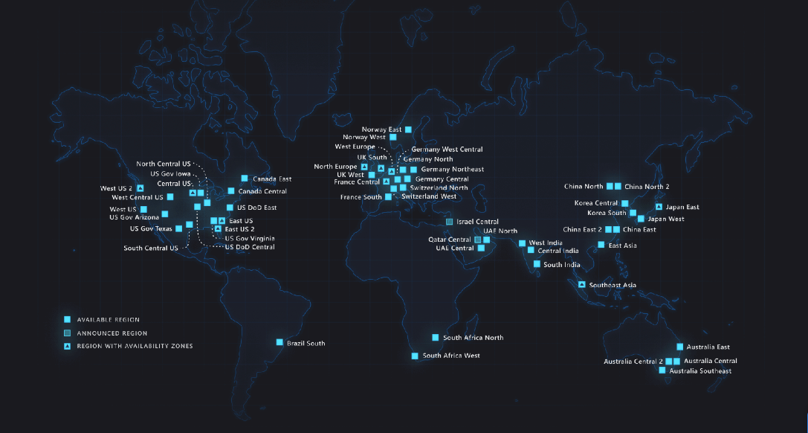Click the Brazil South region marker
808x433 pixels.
tap(279, 342)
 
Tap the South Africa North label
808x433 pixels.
tap(473, 338)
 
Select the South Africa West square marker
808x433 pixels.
tap(415, 356)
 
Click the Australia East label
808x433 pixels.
tap(708, 347)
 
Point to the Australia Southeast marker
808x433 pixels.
tap(662, 370)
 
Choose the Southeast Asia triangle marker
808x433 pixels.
tap(581, 284)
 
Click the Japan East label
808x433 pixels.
tap(682, 208)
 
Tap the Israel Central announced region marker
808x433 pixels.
tap(449, 222)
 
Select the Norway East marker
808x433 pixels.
tap(408, 129)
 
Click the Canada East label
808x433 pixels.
tap(271, 179)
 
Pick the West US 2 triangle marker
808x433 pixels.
tap(140, 188)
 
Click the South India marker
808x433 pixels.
tap(537, 264)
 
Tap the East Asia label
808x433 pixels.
tap(622, 246)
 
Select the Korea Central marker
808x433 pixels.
tap(624, 203)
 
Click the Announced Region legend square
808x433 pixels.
tap(67, 333)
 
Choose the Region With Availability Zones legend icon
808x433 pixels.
tap(67, 346)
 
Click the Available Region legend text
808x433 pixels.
tap(108, 320)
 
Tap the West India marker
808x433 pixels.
tap(522, 243)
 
